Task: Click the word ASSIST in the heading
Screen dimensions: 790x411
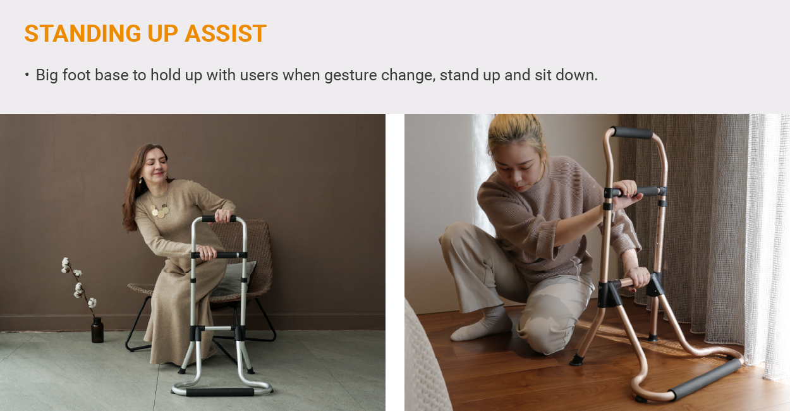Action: pos(226,34)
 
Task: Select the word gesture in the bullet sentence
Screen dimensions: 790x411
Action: pos(350,75)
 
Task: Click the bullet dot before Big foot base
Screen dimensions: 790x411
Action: pos(27,75)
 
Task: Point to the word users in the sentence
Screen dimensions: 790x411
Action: pos(259,75)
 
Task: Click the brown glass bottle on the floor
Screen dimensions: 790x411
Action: pos(97,330)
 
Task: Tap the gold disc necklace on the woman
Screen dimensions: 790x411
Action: pos(160,211)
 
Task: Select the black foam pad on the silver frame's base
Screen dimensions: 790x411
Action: pos(220,392)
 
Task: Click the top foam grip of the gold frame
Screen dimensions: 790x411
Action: pos(631,132)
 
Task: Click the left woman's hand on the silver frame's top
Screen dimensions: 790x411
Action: pos(223,215)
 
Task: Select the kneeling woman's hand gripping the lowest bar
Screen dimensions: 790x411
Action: pos(638,278)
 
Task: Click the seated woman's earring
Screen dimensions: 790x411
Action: pos(141,180)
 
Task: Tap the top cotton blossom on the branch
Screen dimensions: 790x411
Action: pos(66,262)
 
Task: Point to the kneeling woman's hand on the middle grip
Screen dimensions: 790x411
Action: pos(628,193)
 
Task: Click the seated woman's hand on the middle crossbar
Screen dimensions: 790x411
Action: pos(207,252)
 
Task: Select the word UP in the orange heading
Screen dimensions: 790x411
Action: pos(162,34)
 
